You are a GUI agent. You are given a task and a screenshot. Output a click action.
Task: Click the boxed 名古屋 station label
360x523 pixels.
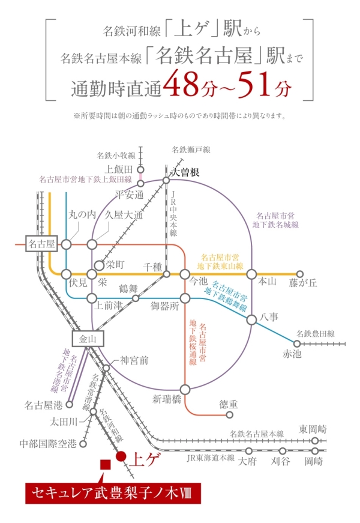(x=41, y=244)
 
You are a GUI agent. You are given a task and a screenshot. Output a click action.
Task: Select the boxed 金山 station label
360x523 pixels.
(x=88, y=339)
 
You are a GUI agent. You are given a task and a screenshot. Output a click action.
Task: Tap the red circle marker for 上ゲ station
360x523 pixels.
(x=121, y=456)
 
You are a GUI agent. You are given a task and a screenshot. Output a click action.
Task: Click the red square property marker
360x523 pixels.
(x=106, y=465)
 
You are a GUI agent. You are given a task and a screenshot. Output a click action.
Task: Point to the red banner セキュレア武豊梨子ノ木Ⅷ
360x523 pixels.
(x=113, y=493)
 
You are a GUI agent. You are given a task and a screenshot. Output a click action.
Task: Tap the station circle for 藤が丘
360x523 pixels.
(x=300, y=274)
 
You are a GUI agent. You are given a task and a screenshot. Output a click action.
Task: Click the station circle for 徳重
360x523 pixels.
(x=229, y=415)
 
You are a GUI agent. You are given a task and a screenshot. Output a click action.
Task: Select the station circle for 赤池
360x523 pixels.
(x=296, y=343)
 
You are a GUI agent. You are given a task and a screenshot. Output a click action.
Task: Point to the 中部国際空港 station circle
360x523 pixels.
(x=83, y=444)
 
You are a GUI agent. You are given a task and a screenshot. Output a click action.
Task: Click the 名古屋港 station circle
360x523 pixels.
(x=70, y=405)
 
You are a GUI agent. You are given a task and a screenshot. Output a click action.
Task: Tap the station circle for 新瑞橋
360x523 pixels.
(x=185, y=389)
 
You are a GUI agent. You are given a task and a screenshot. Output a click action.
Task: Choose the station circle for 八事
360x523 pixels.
(x=251, y=320)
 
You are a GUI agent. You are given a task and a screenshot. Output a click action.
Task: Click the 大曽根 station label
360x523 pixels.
(x=185, y=172)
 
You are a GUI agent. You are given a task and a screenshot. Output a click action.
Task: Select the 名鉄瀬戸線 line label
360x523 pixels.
(x=191, y=150)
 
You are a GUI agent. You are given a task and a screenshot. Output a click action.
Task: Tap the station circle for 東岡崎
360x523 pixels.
(x=314, y=441)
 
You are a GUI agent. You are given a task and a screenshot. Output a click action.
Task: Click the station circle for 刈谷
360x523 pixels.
(x=283, y=451)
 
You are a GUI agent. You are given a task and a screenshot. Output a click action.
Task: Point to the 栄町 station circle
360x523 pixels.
(x=100, y=265)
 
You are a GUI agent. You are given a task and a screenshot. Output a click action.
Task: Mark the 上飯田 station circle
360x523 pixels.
(x=140, y=169)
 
